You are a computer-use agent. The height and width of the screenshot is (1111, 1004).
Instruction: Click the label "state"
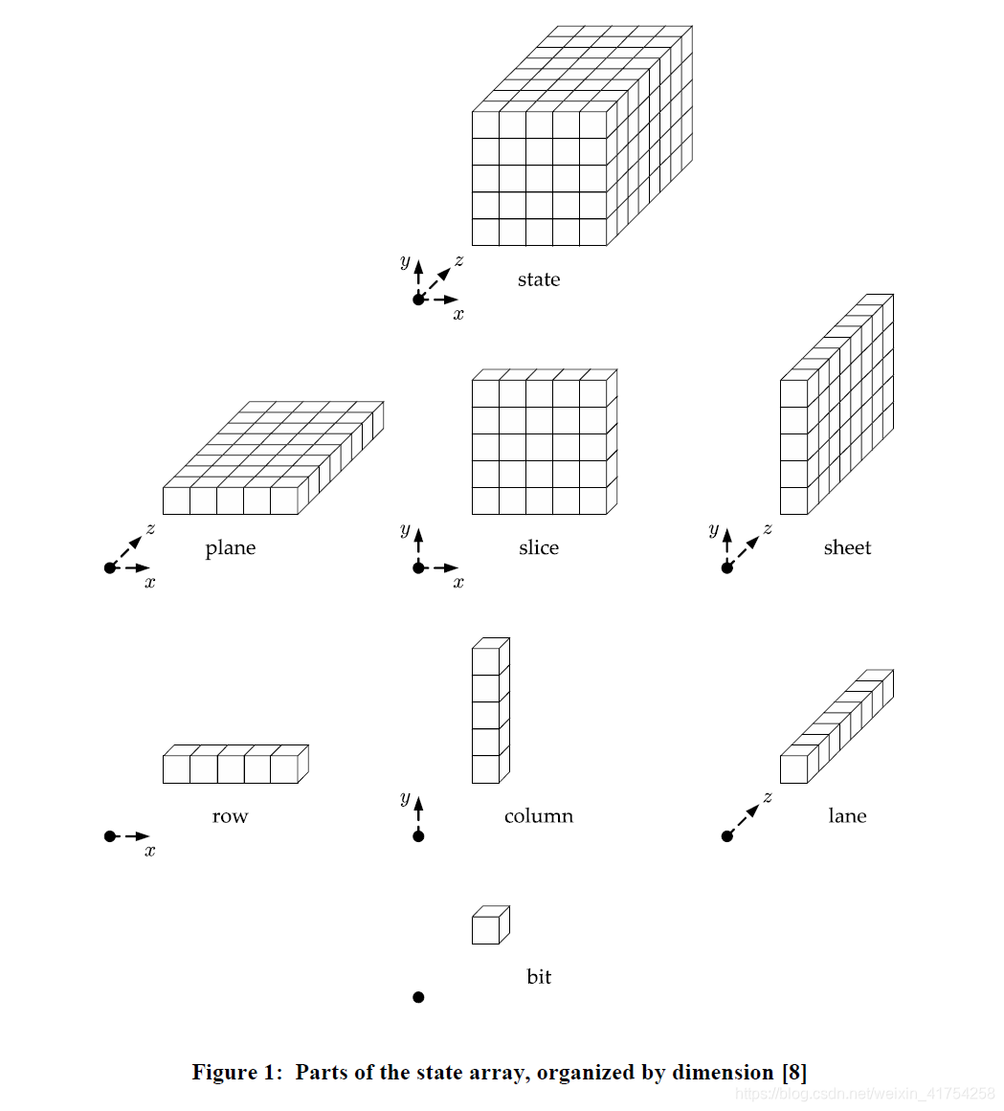tap(538, 279)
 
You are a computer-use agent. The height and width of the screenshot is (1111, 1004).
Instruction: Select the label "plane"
tap(231, 548)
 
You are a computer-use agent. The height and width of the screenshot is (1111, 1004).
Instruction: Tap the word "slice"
tap(538, 548)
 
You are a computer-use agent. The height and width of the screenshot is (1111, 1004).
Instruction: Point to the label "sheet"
tap(847, 548)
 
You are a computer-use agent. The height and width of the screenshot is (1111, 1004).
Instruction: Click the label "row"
tap(230, 816)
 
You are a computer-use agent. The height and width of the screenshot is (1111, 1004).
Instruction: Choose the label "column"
tap(539, 816)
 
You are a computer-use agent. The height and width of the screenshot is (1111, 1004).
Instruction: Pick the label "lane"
tap(847, 816)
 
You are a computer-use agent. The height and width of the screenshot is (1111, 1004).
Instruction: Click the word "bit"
tap(539, 977)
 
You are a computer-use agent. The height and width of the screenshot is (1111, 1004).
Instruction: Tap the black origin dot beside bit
tap(418, 997)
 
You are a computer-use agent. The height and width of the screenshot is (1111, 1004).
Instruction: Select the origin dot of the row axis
tap(110, 836)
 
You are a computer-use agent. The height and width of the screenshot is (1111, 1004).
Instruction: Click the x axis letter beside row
tap(150, 851)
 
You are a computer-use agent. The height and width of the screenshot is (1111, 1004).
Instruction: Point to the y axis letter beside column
tap(405, 798)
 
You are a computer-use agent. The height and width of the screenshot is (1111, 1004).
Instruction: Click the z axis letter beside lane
tap(768, 796)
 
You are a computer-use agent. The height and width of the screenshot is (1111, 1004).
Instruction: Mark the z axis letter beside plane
tap(151, 528)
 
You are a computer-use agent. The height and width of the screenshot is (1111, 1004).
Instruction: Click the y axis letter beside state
tap(405, 261)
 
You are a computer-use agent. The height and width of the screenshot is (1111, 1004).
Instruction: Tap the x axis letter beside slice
tap(458, 583)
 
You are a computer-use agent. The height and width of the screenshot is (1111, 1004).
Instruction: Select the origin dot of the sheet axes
tap(726, 568)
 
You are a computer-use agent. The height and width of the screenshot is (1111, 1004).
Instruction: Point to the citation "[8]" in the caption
tap(794, 1072)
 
